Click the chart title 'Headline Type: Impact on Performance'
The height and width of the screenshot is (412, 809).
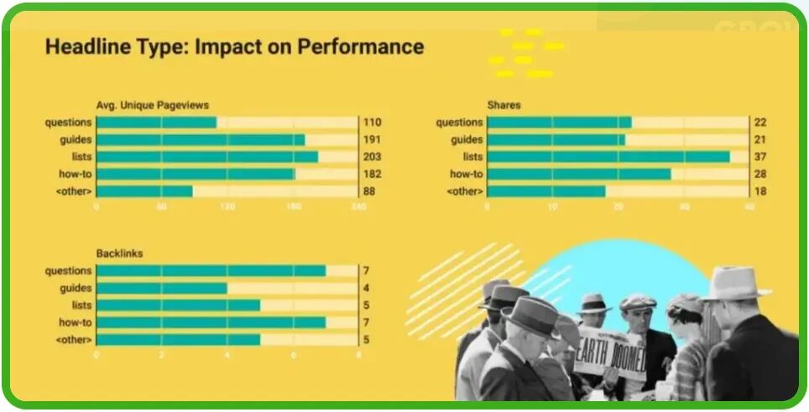point(234,46)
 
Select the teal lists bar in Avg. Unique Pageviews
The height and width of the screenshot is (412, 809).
point(206,157)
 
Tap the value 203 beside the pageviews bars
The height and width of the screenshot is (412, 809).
point(372,157)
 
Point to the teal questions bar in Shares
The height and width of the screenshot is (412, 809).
point(559,123)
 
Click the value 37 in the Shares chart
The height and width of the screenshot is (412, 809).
point(760,157)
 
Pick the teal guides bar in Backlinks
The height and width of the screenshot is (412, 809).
point(161,288)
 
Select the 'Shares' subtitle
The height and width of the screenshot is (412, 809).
point(504,105)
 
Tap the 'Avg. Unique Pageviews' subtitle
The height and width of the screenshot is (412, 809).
point(153,105)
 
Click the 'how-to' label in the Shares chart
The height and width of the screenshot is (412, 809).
point(466,175)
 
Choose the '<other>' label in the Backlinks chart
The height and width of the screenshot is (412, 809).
point(73,340)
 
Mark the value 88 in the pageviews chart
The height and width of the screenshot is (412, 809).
point(368,191)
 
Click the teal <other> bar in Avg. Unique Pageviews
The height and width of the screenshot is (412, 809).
point(144,191)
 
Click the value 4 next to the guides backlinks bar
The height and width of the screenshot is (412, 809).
point(366,288)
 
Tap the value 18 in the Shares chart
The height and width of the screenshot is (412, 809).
point(760,191)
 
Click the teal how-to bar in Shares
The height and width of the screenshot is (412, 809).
point(579,175)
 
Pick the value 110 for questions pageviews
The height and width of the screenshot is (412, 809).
point(372,123)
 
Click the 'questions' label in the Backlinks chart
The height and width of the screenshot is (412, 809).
point(69,271)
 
